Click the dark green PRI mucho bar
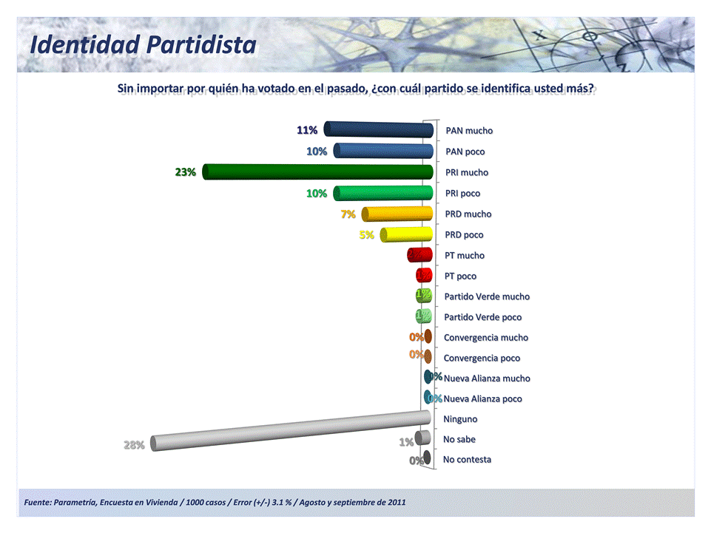pos(318,172)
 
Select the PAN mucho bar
pos(379,130)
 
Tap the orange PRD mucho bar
pos(397,214)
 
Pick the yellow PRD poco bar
pos(407,235)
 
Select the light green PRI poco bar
pos(383,194)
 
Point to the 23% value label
pos(185,172)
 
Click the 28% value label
pos(134,445)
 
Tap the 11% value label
pos(307,130)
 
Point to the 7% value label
pos(348,214)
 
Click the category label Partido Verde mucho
pos(486,296)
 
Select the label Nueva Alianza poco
pos(482,398)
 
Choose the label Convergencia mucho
pos(485,337)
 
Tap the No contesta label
pos(467,459)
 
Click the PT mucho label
pos(465,255)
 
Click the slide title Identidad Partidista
pos(143,44)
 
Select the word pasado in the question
pos(345,89)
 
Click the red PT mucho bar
pos(419,255)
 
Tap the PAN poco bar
pos(383,152)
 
